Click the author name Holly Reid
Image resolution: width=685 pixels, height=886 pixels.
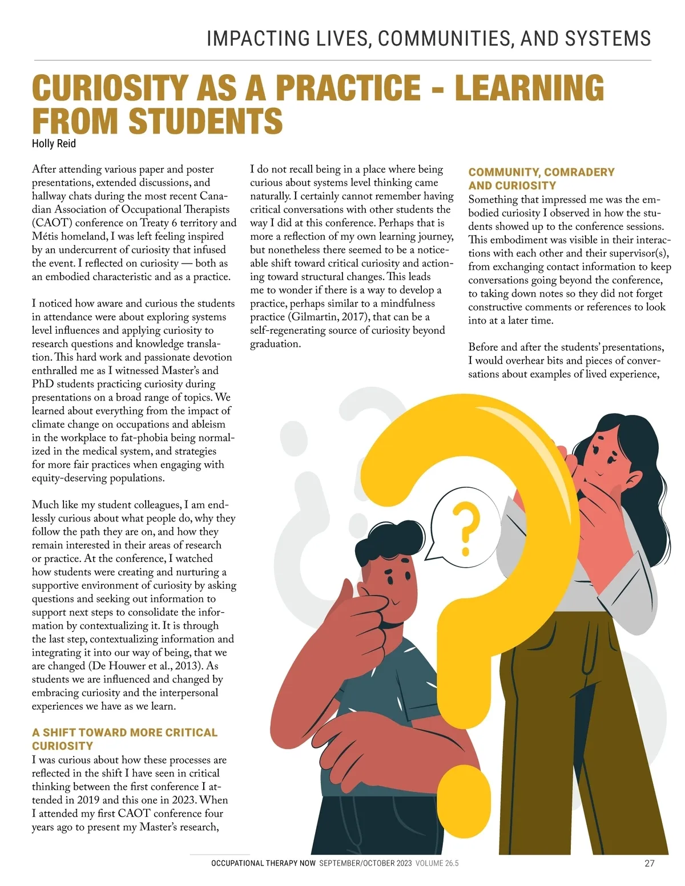tap(54, 144)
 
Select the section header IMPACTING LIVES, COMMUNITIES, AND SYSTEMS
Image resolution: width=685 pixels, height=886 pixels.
tap(428, 39)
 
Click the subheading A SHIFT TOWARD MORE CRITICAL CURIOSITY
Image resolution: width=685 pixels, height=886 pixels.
tap(124, 739)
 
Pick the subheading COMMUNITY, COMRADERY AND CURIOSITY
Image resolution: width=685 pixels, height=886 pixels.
tap(541, 179)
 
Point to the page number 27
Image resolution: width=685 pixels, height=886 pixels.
tap(649, 863)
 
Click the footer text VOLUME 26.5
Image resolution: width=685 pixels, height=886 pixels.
tap(437, 863)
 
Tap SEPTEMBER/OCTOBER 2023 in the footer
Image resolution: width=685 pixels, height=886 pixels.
tap(365, 863)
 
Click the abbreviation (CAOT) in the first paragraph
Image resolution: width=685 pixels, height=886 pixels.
tap(52, 223)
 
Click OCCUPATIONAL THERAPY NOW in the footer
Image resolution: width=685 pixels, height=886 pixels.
tap(263, 863)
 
